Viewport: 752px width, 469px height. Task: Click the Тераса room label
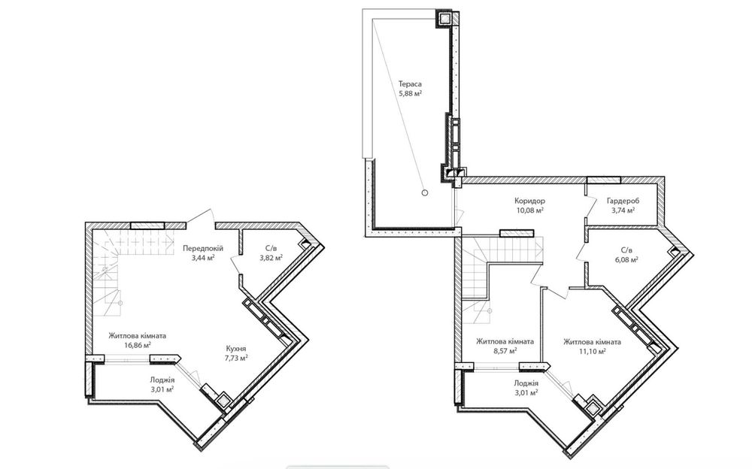(x=410, y=84)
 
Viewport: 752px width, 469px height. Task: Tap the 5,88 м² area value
(x=410, y=94)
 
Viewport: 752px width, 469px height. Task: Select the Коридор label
(x=529, y=201)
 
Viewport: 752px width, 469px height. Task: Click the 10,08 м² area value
(x=529, y=210)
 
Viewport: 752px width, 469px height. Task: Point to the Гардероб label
(x=623, y=201)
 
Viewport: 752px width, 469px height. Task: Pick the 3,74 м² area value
(x=623, y=210)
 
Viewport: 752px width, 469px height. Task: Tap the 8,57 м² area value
(x=505, y=351)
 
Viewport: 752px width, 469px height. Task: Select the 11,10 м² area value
(x=592, y=351)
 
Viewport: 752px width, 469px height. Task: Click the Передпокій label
(x=203, y=249)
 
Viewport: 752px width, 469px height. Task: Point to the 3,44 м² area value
(x=203, y=258)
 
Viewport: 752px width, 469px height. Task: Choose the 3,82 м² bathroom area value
(x=271, y=258)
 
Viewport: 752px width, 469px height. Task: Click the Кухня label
(x=236, y=349)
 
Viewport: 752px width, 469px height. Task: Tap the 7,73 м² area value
(x=236, y=359)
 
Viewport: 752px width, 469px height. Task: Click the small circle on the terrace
(x=424, y=192)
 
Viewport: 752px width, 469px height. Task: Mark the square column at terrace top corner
(x=444, y=19)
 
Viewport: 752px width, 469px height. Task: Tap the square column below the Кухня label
(x=223, y=399)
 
